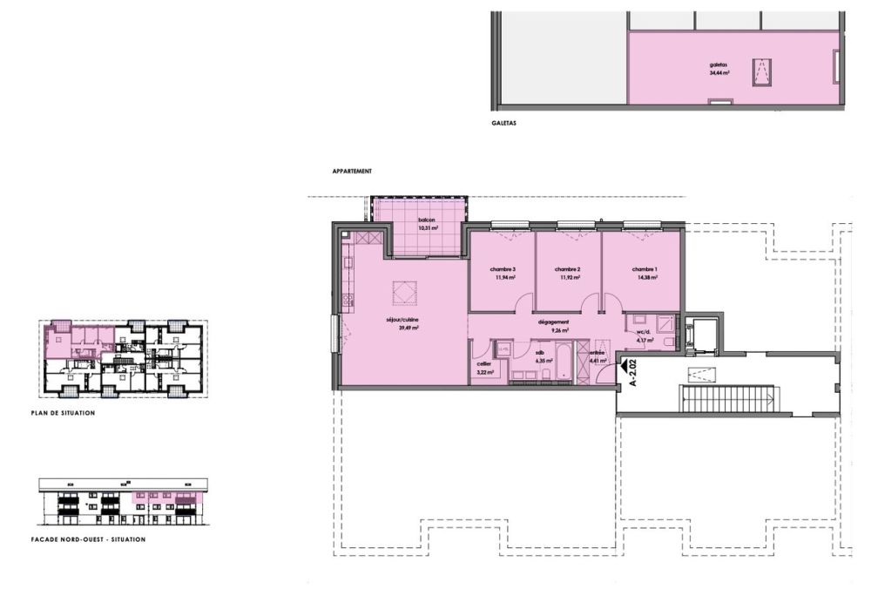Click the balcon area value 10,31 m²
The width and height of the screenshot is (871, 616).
tap(428, 227)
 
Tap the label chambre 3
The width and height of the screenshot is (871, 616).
tap(502, 269)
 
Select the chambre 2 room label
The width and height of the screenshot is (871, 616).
tap(567, 269)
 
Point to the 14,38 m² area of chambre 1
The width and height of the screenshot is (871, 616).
tap(645, 278)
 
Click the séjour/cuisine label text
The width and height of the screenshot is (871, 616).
tap(403, 321)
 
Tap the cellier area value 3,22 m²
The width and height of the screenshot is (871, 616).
tap(485, 372)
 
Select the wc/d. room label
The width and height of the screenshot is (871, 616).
tap(645, 332)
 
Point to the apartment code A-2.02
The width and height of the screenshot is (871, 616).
tap(635, 372)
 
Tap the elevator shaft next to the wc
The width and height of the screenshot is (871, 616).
tap(700, 335)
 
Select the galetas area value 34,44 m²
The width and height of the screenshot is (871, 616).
tap(719, 74)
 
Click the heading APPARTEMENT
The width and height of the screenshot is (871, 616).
tap(352, 172)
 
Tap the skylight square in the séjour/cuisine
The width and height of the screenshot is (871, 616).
tap(402, 292)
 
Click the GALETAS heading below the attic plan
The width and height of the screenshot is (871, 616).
tap(503, 124)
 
